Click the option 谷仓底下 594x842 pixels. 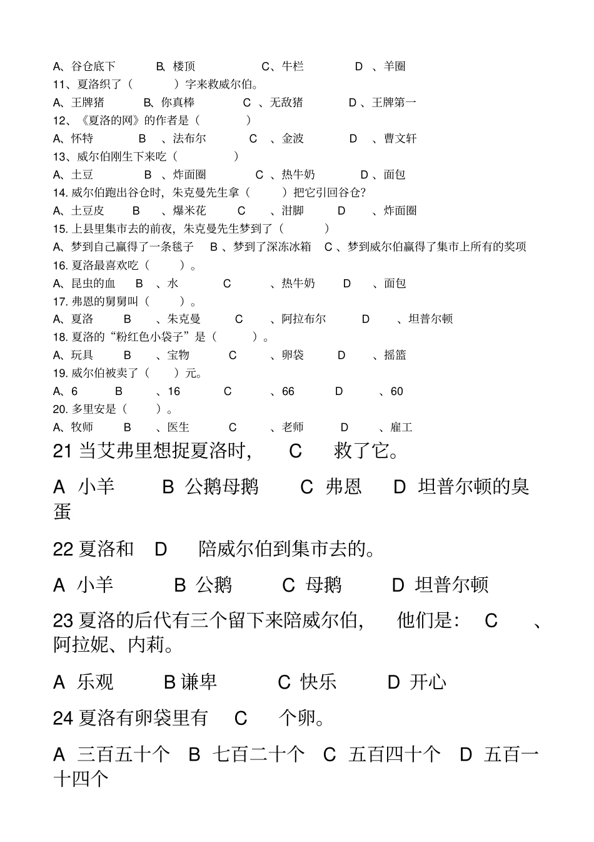coord(93,66)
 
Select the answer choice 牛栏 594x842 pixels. coord(293,66)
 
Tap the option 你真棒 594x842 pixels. coord(178,103)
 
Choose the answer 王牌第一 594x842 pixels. coord(394,103)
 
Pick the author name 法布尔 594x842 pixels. coord(189,139)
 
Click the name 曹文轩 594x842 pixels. coord(400,139)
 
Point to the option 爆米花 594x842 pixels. coord(190,211)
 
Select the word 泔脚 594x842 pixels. coord(293,211)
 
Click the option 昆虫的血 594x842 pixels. coord(93,284)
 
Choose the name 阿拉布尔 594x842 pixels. coord(304,319)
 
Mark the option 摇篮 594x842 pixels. coord(395,356)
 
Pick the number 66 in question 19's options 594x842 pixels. coord(288,392)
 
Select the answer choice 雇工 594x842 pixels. coord(401,428)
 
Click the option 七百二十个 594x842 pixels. coord(259,754)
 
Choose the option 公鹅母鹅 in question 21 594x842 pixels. coord(222,486)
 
